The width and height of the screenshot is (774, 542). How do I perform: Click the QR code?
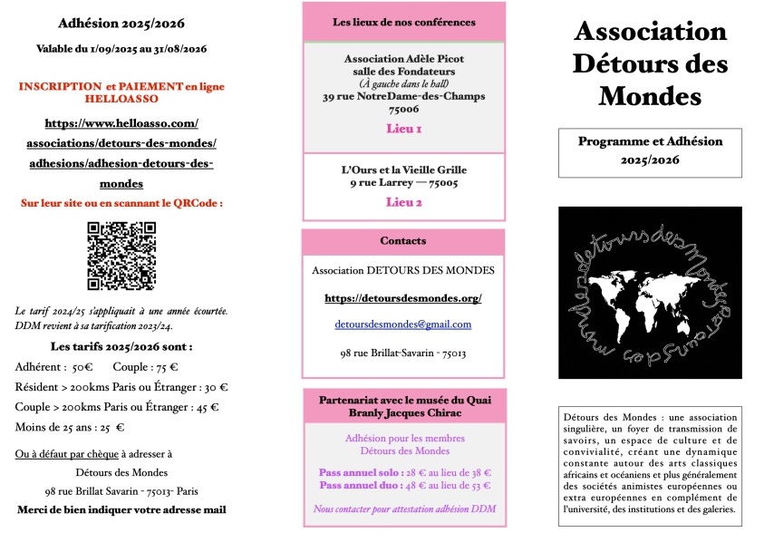(x=121, y=256)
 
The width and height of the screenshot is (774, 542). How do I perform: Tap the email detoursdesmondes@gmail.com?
(x=403, y=324)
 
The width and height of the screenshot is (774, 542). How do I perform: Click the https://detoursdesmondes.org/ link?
(x=403, y=297)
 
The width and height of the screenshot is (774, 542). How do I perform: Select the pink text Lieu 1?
(x=403, y=129)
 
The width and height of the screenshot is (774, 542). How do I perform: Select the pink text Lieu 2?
(x=403, y=202)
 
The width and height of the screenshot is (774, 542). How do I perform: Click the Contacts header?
(x=403, y=241)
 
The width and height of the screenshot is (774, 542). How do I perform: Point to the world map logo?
(x=650, y=292)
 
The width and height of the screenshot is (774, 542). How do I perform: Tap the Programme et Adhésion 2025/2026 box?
(x=650, y=150)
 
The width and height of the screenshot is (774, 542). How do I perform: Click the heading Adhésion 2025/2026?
(x=121, y=23)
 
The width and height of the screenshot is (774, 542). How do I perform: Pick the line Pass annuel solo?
(x=403, y=473)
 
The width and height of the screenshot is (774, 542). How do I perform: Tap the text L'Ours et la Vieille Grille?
(x=403, y=169)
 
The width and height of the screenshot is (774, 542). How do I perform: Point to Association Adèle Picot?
(x=403, y=59)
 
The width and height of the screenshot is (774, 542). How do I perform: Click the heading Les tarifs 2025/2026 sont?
(x=121, y=346)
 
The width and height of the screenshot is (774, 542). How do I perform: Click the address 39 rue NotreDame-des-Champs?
(x=403, y=96)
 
